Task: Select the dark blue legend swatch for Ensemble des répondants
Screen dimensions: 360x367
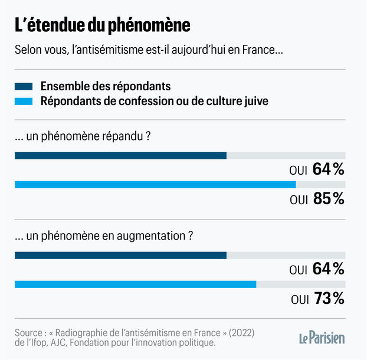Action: [24, 86]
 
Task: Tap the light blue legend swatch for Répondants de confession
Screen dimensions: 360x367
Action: [24, 101]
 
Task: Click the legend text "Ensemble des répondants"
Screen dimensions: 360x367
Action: [106, 86]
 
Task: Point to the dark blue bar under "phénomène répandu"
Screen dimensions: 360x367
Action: [120, 156]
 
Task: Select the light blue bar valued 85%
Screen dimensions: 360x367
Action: [155, 185]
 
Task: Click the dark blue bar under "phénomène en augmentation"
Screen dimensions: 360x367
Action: [120, 255]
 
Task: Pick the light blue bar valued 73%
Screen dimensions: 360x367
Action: [136, 284]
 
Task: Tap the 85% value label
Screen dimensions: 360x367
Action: [329, 199]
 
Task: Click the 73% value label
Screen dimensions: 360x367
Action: [329, 299]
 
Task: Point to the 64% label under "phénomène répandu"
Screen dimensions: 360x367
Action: [329, 170]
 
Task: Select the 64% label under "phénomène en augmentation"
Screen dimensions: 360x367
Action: [329, 269]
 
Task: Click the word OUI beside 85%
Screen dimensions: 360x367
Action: [299, 200]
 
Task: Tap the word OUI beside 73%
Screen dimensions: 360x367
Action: [299, 299]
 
